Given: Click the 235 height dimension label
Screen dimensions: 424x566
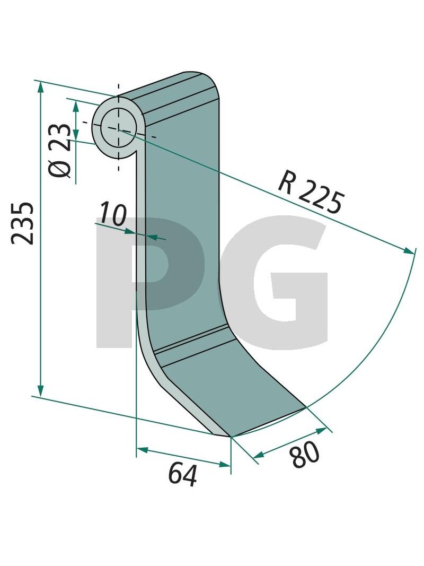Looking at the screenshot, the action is click(x=23, y=223).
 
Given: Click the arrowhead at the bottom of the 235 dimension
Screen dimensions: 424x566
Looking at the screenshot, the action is click(x=40, y=389).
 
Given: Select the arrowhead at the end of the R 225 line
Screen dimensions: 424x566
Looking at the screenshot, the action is click(x=409, y=250).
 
